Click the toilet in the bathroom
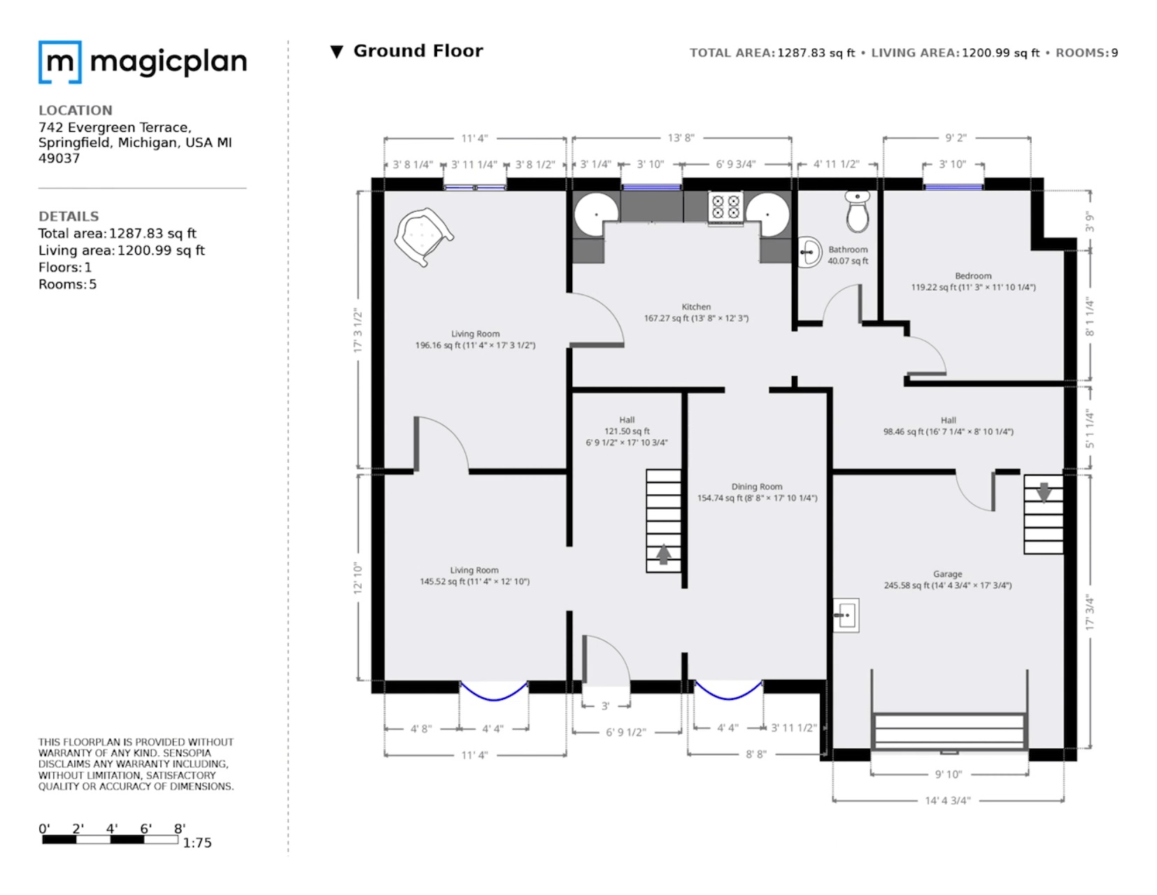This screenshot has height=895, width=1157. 857,213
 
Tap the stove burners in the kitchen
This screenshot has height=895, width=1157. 725,208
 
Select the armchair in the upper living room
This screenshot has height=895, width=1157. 423,236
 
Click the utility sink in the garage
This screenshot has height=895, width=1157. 846,616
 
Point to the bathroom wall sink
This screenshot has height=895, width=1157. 809,252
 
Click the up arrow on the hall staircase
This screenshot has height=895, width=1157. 663,554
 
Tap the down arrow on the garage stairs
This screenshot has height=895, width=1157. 1043,492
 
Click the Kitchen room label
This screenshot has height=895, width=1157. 696,307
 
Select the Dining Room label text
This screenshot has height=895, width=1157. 757,487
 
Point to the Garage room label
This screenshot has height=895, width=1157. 947,574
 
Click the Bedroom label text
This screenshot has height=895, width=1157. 973,276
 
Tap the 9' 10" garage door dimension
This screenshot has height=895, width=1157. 949,774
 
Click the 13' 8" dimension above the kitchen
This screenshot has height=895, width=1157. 681,138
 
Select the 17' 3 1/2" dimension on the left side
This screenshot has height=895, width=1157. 358,330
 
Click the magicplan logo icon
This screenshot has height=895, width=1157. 60,62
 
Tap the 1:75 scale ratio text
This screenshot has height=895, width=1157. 197,843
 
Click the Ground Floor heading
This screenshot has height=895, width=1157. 418,51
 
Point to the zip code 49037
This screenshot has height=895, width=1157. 59,158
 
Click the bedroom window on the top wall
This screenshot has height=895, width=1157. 953,187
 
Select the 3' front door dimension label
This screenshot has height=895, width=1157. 605,706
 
